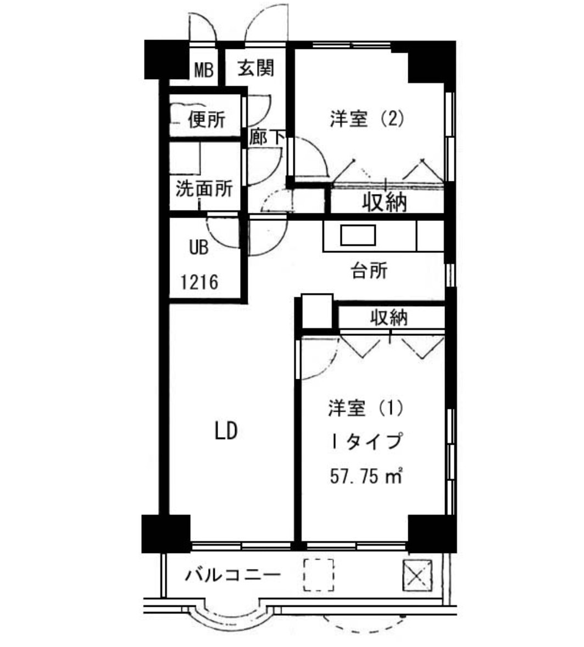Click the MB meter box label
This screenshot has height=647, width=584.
click(204, 70)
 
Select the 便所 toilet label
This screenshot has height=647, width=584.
click(207, 119)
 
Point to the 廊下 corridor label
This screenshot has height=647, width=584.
click(266, 137)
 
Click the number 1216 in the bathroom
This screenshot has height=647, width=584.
click(201, 283)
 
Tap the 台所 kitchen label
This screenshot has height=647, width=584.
click(369, 271)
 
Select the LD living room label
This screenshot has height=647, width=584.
click(226, 432)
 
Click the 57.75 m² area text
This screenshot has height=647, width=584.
click(367, 475)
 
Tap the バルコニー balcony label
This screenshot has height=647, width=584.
click(233, 576)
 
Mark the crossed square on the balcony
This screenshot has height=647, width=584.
click(418, 575)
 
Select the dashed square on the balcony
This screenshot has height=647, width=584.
click(318, 575)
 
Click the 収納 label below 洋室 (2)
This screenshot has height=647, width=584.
click(384, 203)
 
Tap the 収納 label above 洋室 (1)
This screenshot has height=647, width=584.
click(388, 318)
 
